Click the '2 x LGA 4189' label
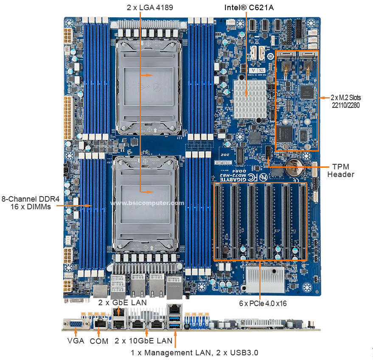(x=150, y=8)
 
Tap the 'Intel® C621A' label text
(x=249, y=8)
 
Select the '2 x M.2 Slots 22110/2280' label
(x=346, y=101)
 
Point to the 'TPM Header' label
(x=341, y=170)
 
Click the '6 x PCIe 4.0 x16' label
(x=263, y=304)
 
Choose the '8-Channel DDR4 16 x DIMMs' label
(x=31, y=203)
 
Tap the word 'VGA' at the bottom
(x=76, y=341)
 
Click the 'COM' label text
(x=99, y=341)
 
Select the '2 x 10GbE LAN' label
(x=143, y=341)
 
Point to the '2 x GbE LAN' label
(x=123, y=303)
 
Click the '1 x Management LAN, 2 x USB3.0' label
(x=194, y=353)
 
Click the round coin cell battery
(x=294, y=168)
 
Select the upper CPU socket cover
(x=149, y=86)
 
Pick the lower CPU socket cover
(x=146, y=204)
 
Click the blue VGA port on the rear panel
(x=76, y=324)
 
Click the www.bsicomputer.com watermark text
(x=147, y=203)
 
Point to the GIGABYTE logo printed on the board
(x=233, y=179)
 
